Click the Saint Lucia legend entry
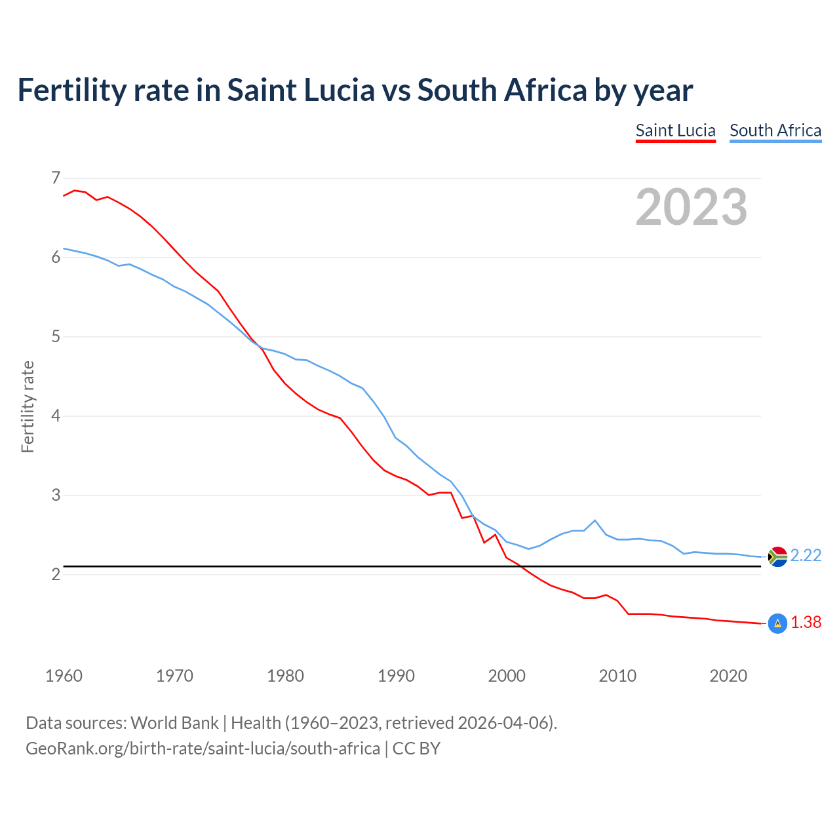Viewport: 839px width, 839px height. [675, 130]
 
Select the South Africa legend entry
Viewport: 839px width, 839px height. [775, 130]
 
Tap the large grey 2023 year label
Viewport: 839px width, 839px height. [691, 207]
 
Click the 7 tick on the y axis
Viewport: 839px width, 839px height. [56, 178]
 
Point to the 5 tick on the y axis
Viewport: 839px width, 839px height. [56, 337]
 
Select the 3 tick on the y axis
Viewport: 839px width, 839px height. [56, 496]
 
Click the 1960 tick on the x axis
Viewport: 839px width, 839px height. [64, 676]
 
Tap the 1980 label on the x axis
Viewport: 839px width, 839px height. [285, 676]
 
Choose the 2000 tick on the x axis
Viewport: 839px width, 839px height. [507, 676]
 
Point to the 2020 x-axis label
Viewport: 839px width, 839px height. [728, 676]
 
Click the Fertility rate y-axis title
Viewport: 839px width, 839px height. [28, 406]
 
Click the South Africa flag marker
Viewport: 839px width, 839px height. [777, 556]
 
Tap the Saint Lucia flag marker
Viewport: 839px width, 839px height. [777, 623]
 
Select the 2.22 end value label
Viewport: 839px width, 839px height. [806, 556]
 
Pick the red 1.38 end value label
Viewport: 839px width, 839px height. [806, 623]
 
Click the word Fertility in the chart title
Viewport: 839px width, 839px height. [71, 90]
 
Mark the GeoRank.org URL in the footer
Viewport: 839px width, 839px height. [203, 749]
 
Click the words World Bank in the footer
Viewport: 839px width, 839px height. [174, 723]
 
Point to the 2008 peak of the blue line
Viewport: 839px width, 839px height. [595, 520]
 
